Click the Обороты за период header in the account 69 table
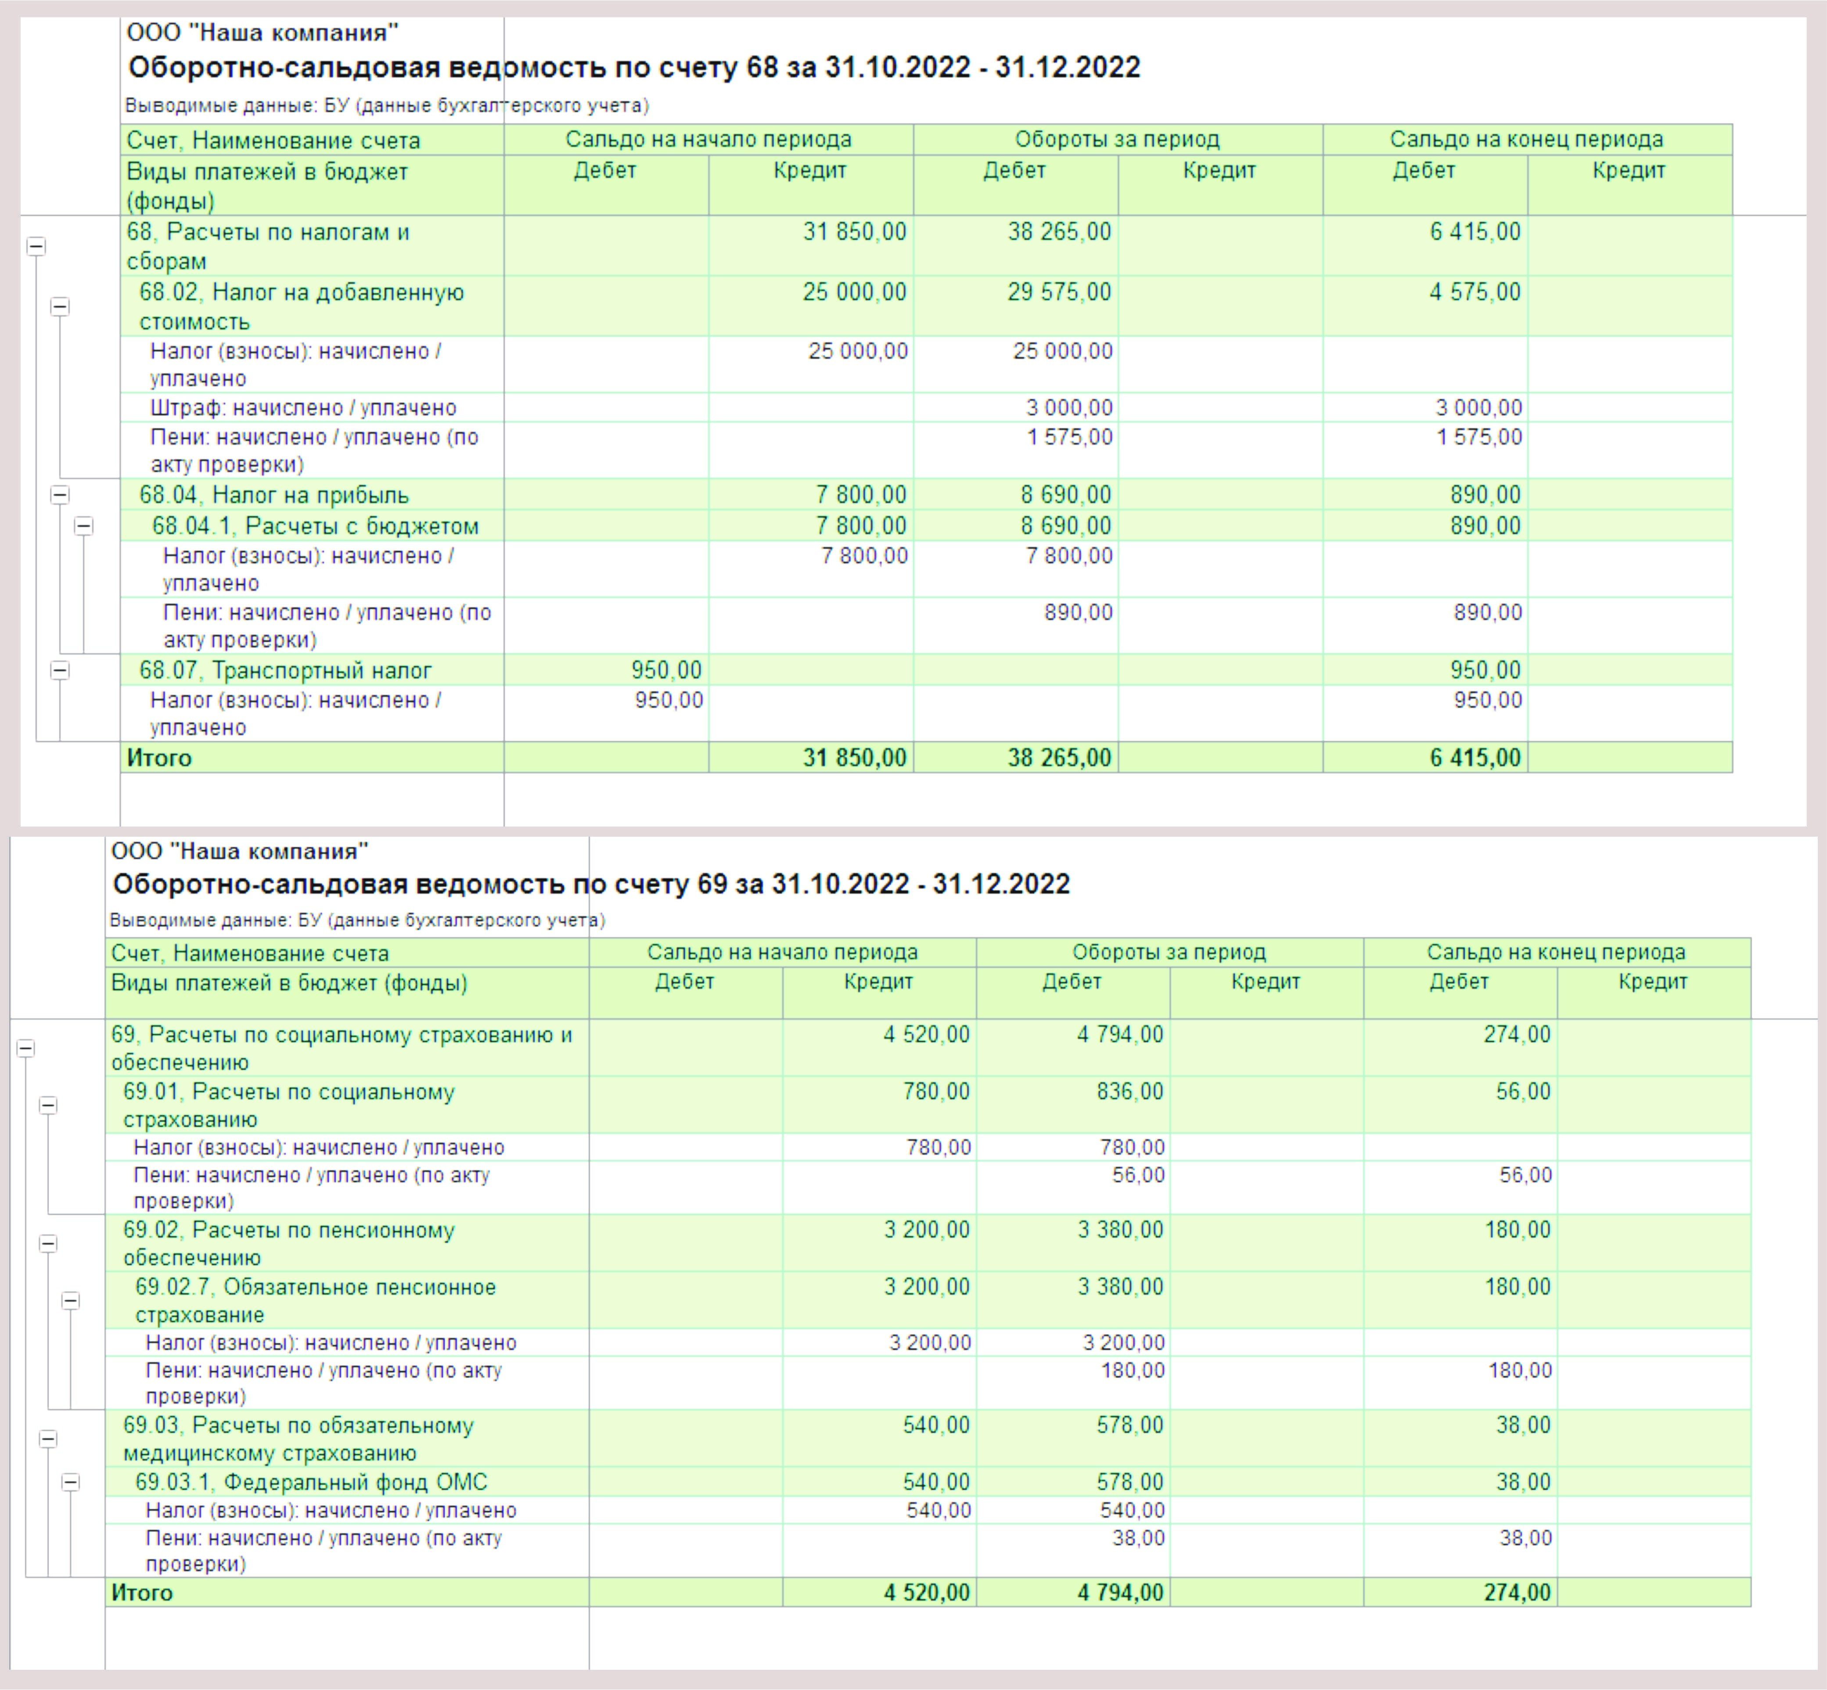coord(1169,952)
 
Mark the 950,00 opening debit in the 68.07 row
coord(667,670)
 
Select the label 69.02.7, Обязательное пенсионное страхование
coord(316,1300)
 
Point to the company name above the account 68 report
coord(263,33)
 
